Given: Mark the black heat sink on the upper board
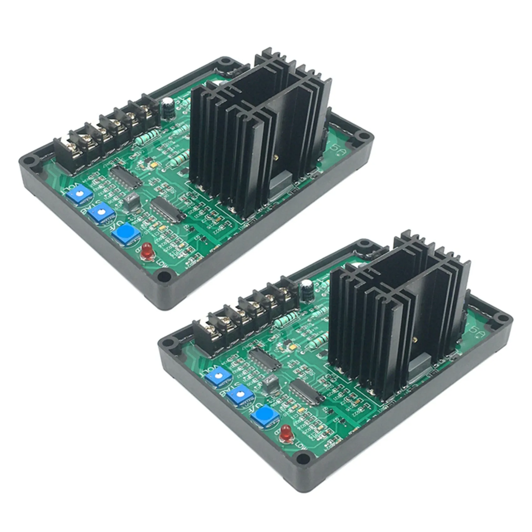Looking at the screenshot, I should pos(260,131).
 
